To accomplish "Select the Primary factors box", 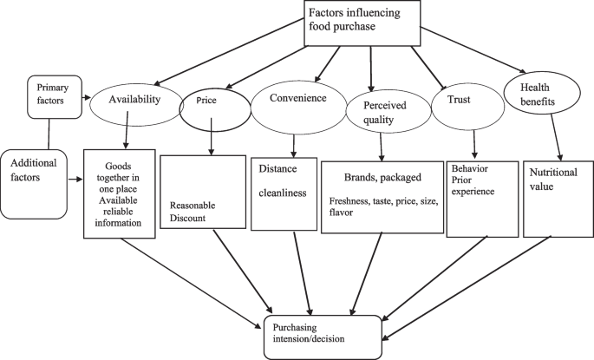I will (54, 95).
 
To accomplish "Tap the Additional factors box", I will (36, 182).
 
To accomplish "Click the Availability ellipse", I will (134, 100).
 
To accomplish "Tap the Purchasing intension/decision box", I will (321, 335).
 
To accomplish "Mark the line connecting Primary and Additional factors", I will (49, 133).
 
